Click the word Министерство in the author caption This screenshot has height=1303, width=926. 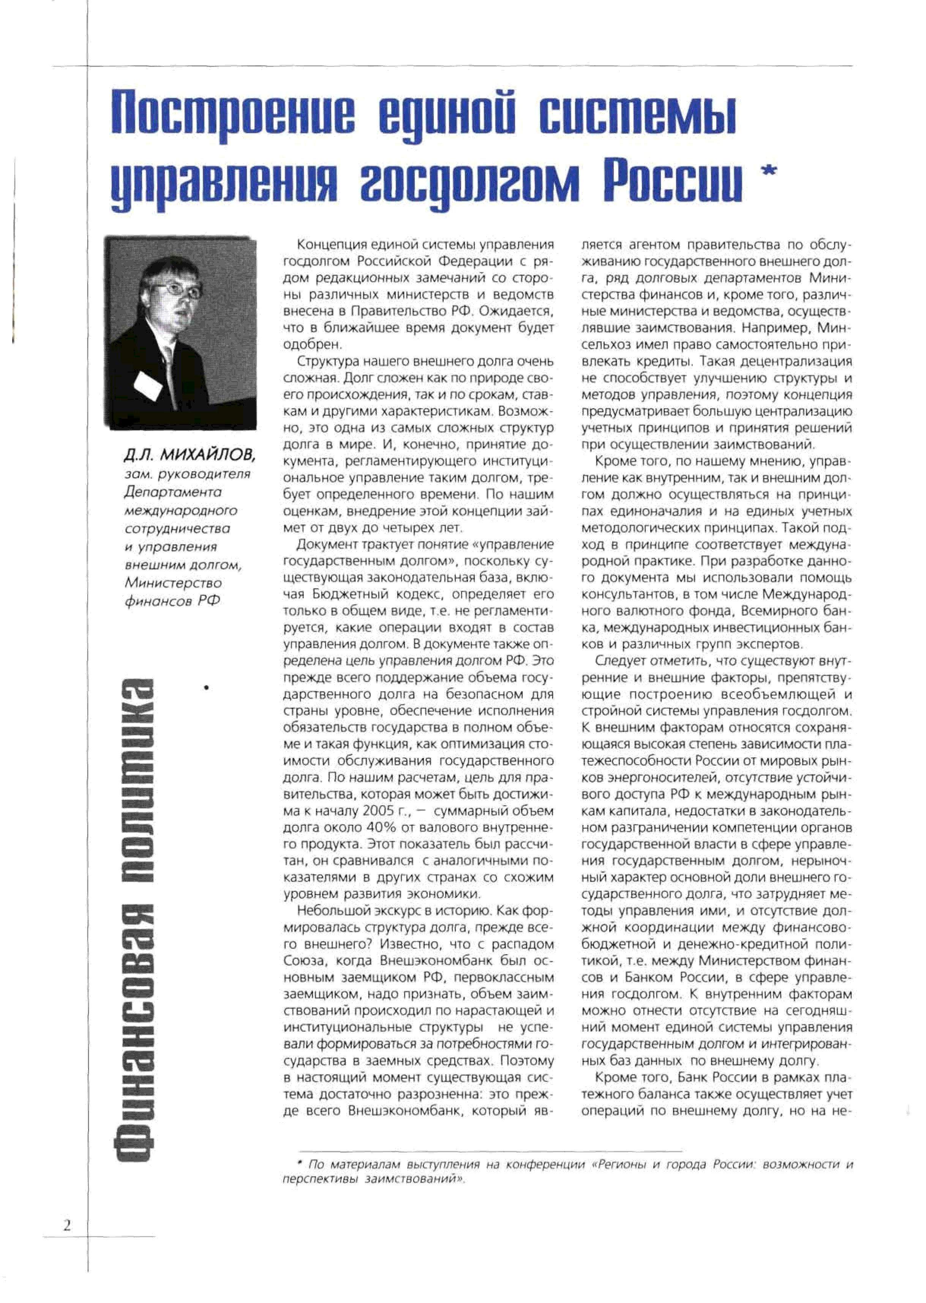[x=173, y=583]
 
